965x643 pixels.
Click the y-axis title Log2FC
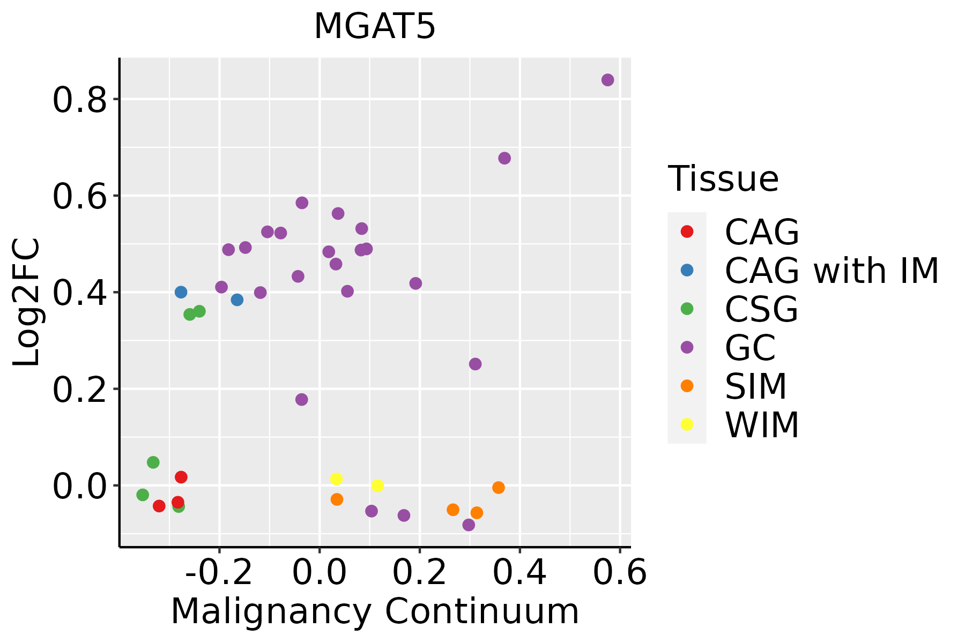[27, 303]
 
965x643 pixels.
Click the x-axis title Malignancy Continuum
[375, 611]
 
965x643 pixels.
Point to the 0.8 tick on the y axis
[80, 100]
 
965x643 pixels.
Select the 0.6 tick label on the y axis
[80, 196]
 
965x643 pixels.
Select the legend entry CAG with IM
[832, 271]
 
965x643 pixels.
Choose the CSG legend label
[761, 309]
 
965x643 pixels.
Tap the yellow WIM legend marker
[687, 424]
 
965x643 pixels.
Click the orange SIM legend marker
[687, 386]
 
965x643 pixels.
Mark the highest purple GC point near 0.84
[607, 80]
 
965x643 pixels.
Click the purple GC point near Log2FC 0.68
[504, 158]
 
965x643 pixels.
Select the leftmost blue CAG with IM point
[181, 292]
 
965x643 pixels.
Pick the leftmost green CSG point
[143, 495]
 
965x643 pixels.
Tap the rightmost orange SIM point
[499, 488]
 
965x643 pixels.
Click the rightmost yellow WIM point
[377, 485]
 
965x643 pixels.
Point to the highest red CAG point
[181, 477]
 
